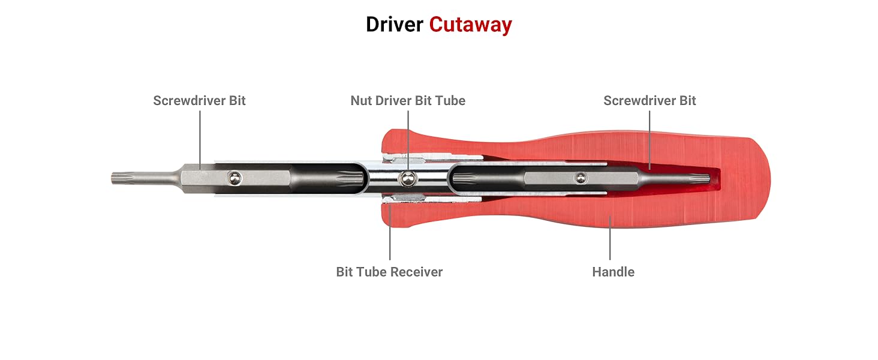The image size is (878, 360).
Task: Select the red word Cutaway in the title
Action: click(470, 25)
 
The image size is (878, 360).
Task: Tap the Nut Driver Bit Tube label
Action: click(408, 101)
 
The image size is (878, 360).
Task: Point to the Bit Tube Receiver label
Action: click(389, 272)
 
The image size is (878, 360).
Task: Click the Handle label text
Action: click(613, 272)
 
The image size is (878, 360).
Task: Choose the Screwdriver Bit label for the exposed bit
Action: click(199, 101)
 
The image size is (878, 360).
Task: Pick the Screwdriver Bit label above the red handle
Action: click(650, 101)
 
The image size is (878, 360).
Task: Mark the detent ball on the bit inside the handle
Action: click(580, 177)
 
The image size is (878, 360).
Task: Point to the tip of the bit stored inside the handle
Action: click(708, 178)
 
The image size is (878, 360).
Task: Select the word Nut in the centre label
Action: click(362, 101)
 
